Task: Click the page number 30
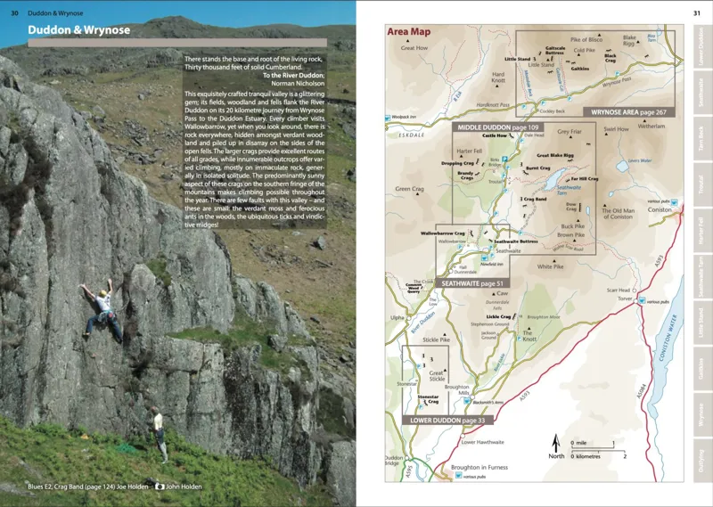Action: pyautogui.click(x=15, y=12)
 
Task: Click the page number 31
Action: pyautogui.click(x=696, y=12)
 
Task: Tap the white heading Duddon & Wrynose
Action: pyautogui.click(x=79, y=30)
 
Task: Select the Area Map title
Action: pyautogui.click(x=409, y=31)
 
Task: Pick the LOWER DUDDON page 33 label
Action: pyautogui.click(x=444, y=419)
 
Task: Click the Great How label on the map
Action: pyautogui.click(x=414, y=47)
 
